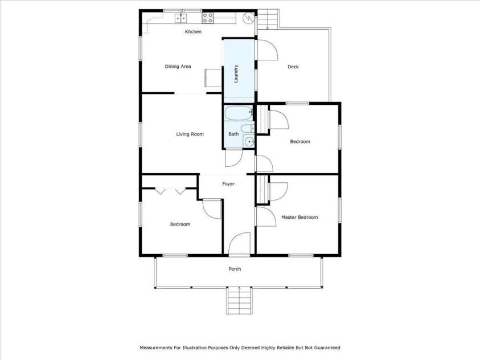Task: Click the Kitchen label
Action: [x=193, y=32]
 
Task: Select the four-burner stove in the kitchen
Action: [x=208, y=18]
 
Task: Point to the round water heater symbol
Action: [x=248, y=18]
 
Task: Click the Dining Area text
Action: [x=178, y=67]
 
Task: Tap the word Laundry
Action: [x=236, y=74]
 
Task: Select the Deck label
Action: [x=293, y=67]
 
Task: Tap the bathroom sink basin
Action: [x=249, y=141]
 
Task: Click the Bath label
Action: [x=233, y=134]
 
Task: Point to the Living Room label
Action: [x=190, y=134]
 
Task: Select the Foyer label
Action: [x=228, y=184]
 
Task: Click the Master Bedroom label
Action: [x=300, y=217]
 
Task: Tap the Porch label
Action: [x=235, y=269]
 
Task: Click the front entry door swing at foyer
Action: [x=239, y=243]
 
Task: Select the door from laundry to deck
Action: [x=267, y=50]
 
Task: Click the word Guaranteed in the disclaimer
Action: [x=325, y=347]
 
